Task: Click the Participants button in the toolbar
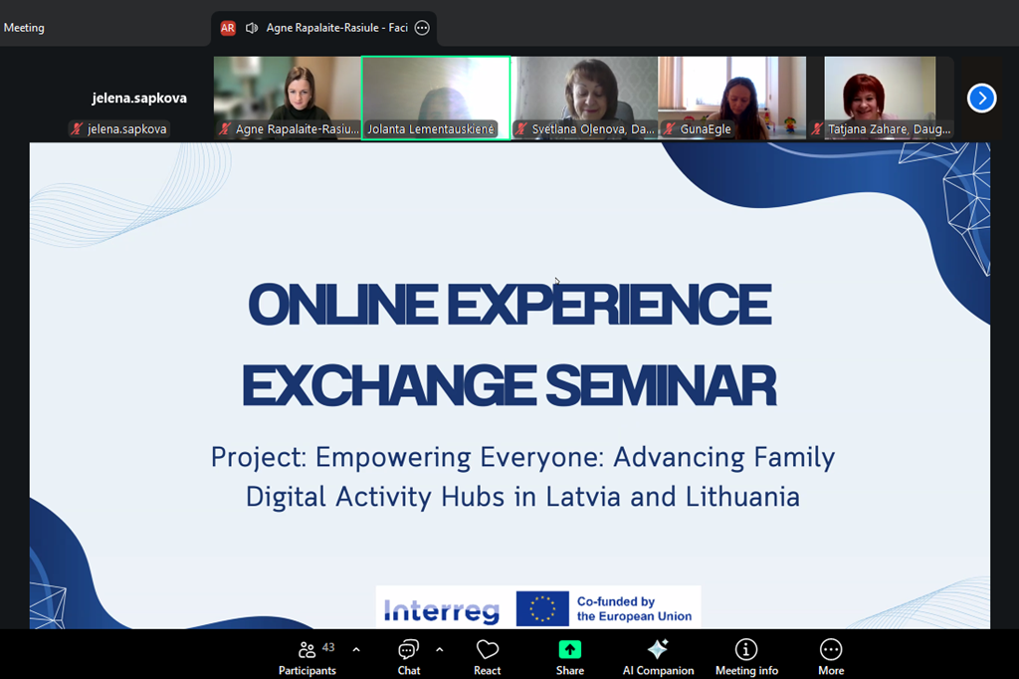pos(307,657)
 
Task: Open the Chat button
pos(409,657)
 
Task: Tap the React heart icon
pos(488,649)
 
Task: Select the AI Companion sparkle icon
pos(658,649)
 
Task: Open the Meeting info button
pos(746,657)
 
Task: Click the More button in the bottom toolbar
pos(831,657)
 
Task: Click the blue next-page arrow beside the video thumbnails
pos(981,99)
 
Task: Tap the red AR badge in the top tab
pos(228,28)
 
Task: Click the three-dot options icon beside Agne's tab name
pos(422,28)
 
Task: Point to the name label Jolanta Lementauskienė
pos(431,128)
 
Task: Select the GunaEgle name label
pos(706,128)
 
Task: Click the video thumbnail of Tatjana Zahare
pos(880,98)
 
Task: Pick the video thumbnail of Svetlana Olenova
pos(585,98)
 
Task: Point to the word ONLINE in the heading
pos(342,305)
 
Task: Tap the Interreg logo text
pos(442,610)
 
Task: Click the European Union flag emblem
pos(542,608)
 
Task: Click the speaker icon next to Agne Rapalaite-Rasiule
pos(252,28)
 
